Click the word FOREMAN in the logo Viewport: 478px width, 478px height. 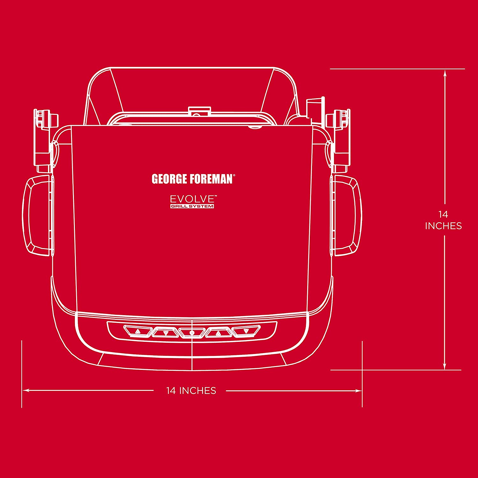point(212,179)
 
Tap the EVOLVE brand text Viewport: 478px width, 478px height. point(192,199)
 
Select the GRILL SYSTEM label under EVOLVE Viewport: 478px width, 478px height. point(192,206)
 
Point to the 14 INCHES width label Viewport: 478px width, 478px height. point(191,391)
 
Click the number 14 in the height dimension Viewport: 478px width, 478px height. point(443,214)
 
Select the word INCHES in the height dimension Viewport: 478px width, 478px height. point(443,226)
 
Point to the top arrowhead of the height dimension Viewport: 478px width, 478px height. point(445,74)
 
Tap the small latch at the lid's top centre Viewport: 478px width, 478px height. point(199,111)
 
